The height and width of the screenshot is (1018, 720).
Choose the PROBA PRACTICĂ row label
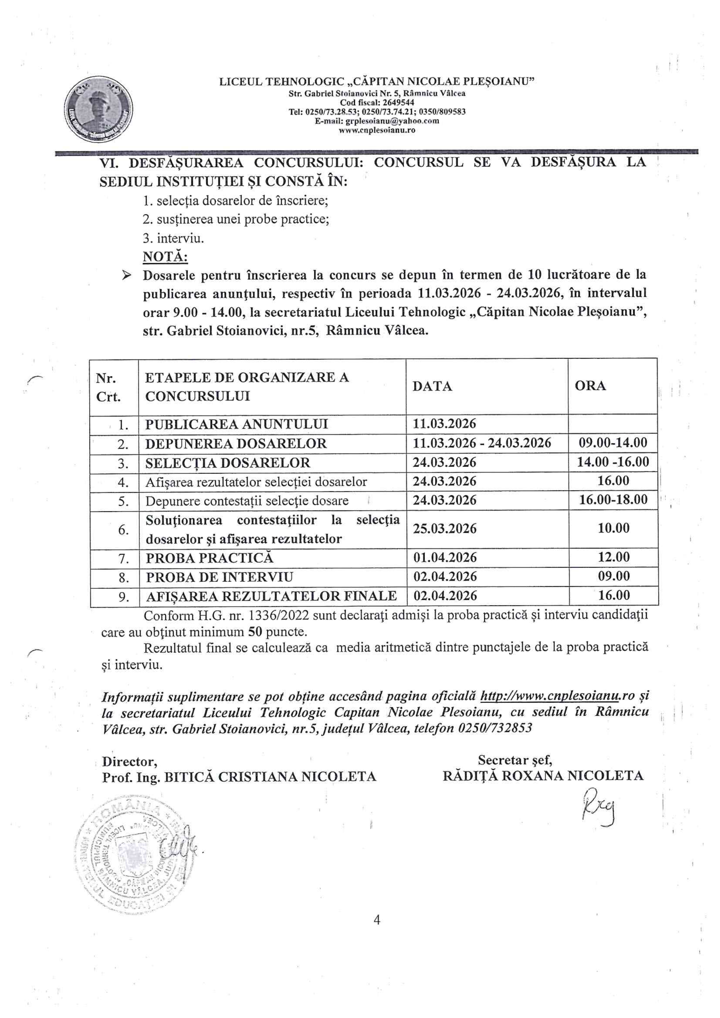(209, 557)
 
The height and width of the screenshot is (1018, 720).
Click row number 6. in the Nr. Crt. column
(124, 530)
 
